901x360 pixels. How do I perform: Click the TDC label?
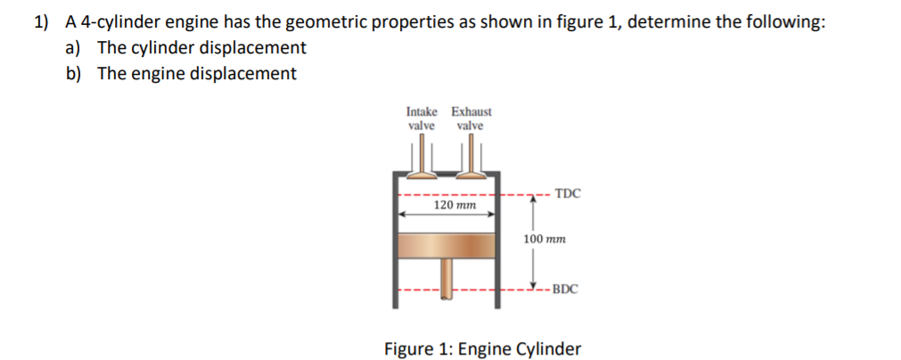coord(567,192)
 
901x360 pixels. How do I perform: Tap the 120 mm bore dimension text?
coord(455,205)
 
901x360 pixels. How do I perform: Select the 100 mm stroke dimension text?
coord(545,240)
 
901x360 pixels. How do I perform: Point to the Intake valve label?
coord(422,119)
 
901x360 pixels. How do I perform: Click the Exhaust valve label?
coord(471,119)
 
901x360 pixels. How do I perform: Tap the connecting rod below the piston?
coord(446,281)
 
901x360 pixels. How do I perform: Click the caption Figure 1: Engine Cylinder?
coord(482,348)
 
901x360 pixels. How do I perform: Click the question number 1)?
coord(44,22)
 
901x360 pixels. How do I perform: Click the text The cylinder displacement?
coord(201,48)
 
